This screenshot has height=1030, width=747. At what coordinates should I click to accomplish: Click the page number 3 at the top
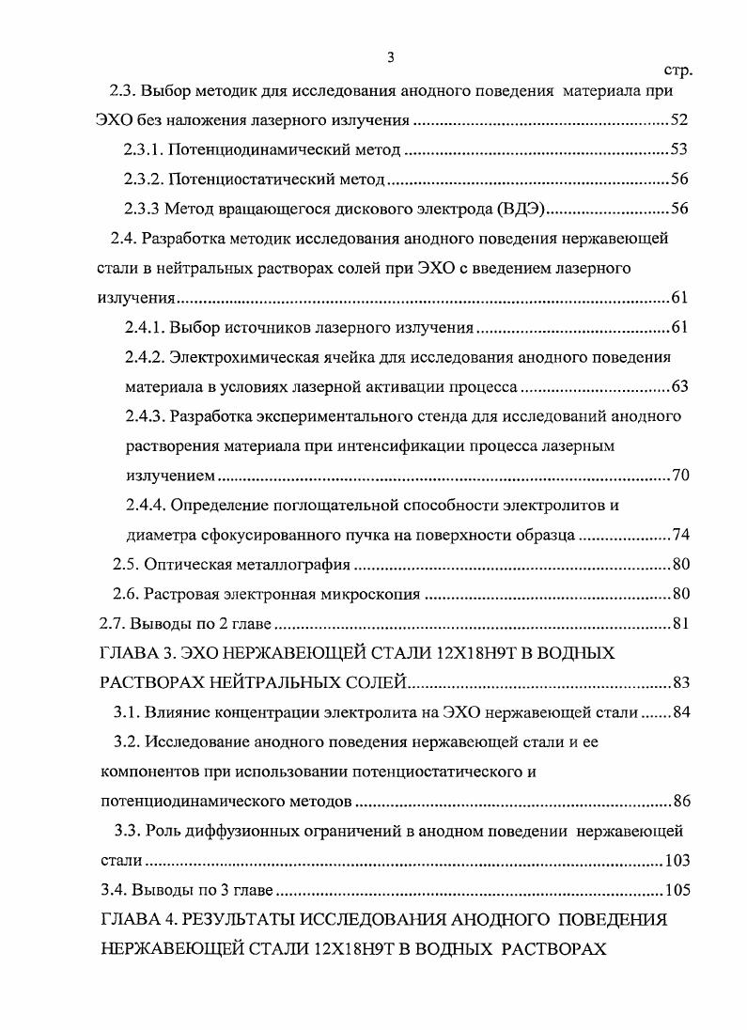point(390,58)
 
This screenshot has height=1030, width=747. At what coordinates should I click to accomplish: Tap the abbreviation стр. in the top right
point(677,70)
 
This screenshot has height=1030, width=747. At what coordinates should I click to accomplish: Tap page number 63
point(681,386)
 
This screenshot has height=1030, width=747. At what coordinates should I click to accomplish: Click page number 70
point(681,475)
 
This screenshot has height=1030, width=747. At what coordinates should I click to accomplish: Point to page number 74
point(681,535)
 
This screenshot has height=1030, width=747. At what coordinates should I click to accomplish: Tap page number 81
point(681,624)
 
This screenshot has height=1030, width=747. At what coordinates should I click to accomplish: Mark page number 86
point(681,802)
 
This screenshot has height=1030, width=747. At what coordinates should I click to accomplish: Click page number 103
point(677,860)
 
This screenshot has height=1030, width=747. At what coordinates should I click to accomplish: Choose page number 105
point(677,890)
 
